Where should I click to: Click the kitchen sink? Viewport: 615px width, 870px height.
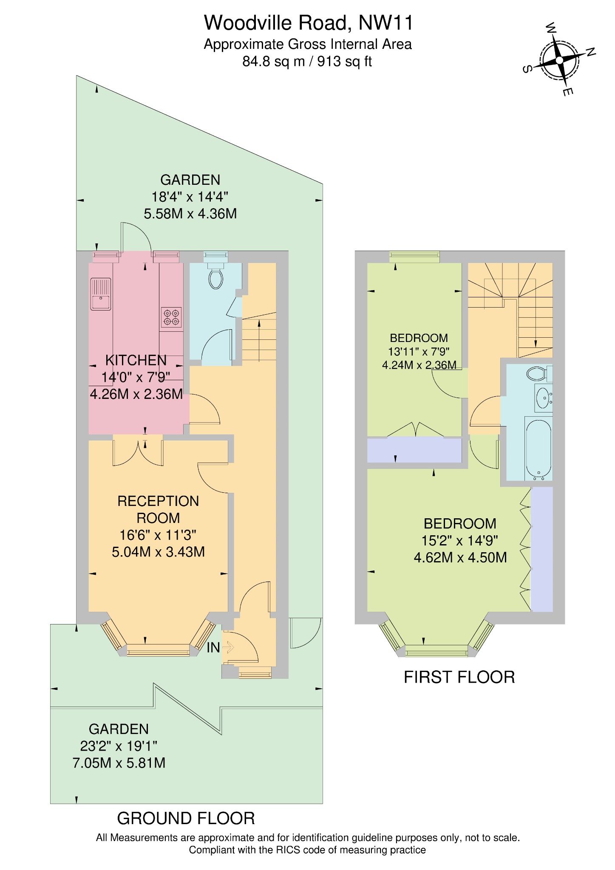point(101,294)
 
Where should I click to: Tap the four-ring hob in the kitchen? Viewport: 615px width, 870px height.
point(171,317)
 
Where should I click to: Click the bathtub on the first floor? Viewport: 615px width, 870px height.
point(538,449)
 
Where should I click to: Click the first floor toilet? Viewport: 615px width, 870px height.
point(537,374)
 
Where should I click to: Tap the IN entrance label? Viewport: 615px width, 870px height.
point(213,647)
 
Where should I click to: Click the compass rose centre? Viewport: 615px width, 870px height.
point(559,60)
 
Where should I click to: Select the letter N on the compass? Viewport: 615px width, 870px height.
point(590,52)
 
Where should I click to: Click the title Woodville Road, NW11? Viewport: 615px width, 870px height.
point(308,23)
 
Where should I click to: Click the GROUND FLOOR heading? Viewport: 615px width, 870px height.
point(186,818)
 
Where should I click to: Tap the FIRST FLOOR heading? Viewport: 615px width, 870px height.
point(459,677)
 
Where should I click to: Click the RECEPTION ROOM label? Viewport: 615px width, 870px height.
point(158,509)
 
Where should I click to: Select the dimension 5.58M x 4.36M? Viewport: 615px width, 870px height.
point(190,214)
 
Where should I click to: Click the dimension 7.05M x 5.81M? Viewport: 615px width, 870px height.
point(119,763)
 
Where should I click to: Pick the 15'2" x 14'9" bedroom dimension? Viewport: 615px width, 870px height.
point(459,541)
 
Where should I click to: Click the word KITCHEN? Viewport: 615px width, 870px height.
point(136,360)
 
